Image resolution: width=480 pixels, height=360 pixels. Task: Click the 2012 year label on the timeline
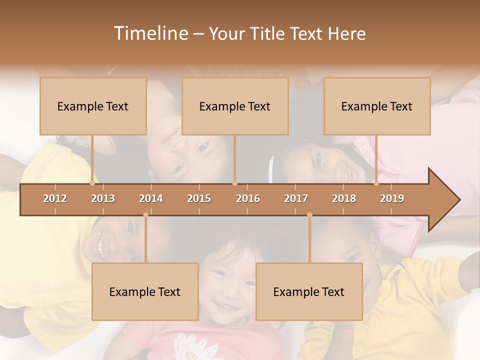point(55,198)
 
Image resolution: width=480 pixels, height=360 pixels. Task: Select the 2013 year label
point(103,198)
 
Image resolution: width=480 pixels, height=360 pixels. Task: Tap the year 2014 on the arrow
point(151,198)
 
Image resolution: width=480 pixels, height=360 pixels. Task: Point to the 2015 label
point(199,198)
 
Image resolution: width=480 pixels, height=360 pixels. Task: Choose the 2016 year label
point(248,198)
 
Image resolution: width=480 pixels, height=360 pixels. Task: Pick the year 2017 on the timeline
point(296,198)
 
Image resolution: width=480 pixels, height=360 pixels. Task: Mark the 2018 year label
point(344,198)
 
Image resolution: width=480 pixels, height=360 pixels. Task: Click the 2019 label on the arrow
point(392,198)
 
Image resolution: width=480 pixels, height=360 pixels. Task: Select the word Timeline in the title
point(150,33)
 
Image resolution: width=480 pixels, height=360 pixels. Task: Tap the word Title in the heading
point(268,33)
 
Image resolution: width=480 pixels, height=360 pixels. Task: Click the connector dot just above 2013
point(92,183)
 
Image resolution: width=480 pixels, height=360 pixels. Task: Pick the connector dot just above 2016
point(235,183)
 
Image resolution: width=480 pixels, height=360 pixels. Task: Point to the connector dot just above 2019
point(376,183)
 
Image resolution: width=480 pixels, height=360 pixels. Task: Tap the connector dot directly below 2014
point(145,215)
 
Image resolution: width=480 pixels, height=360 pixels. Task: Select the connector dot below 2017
point(309,215)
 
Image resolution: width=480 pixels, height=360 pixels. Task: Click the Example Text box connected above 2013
point(93,106)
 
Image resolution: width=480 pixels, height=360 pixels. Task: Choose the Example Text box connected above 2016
point(235,106)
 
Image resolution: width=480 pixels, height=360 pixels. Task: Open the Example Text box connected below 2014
point(145,291)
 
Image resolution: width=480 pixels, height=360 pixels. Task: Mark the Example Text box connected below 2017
point(309,291)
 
